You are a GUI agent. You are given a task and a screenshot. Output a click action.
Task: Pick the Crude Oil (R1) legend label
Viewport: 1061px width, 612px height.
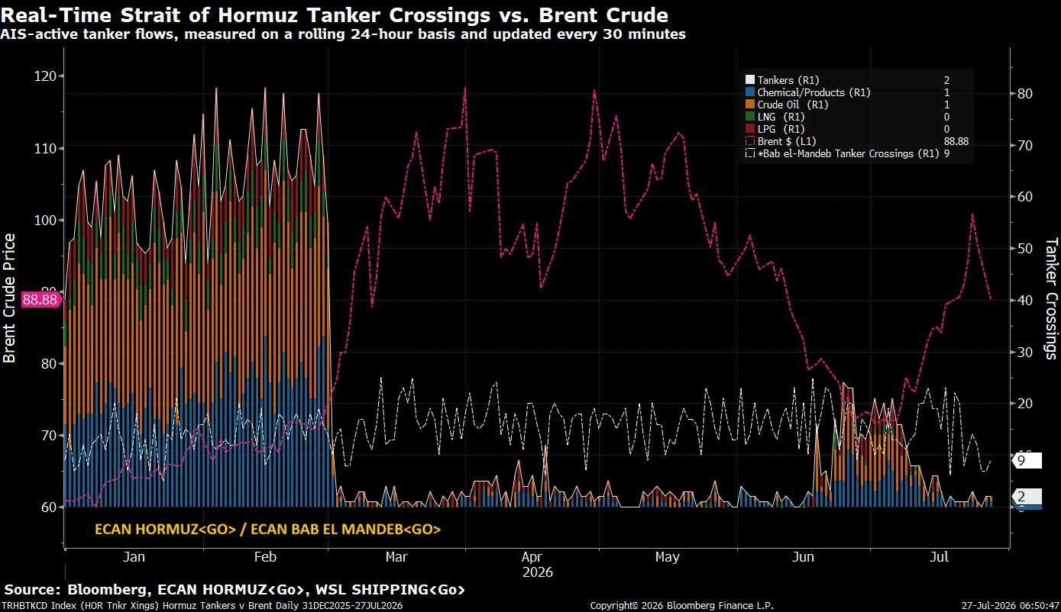792,105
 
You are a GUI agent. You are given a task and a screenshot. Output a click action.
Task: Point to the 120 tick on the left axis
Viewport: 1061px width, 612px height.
45,76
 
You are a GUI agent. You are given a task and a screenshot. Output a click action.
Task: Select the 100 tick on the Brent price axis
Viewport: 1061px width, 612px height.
45,220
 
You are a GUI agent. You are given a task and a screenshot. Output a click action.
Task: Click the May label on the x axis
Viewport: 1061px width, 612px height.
667,556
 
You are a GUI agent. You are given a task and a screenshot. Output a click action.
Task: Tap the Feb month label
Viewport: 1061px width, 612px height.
265,556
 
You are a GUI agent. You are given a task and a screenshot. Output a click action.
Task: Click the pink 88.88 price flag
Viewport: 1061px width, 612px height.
40,300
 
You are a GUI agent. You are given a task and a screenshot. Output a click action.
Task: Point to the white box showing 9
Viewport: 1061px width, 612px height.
1027,461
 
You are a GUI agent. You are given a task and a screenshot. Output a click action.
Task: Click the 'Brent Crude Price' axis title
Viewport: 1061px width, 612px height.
9,298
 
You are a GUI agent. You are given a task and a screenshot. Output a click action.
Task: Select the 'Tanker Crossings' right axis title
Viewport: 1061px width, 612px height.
1051,298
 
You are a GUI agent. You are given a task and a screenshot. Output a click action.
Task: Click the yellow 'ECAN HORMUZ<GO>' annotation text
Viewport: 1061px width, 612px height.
165,529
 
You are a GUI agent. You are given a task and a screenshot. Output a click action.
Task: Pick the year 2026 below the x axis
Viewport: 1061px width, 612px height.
537,572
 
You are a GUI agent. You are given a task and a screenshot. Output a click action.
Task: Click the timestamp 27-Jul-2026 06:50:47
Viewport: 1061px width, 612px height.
1010,605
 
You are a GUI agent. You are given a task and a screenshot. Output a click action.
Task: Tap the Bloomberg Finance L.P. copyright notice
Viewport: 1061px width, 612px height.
681,605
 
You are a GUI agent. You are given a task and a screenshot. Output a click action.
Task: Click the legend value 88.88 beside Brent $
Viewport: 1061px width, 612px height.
956,141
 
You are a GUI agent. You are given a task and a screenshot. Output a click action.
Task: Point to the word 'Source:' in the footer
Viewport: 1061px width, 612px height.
32,589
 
